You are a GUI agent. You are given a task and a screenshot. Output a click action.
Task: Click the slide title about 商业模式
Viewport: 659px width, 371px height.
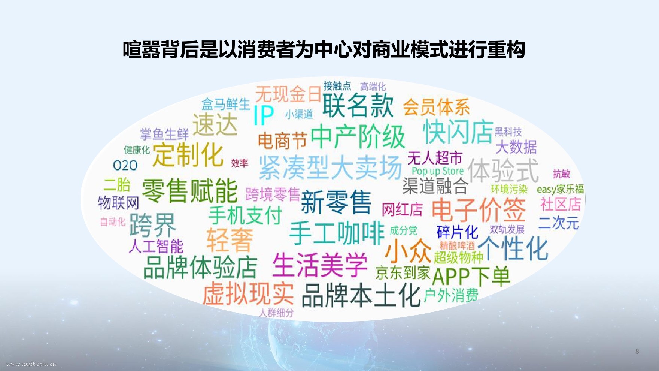(x=324, y=50)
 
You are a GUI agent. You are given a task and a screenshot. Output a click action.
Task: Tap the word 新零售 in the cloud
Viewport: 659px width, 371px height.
(x=336, y=202)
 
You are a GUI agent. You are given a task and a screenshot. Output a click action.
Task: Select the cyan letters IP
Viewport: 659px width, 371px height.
(x=264, y=115)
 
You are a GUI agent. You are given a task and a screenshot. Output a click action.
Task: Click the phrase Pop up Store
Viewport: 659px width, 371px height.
(x=438, y=171)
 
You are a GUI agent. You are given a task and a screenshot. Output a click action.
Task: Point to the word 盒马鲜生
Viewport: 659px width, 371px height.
(x=226, y=104)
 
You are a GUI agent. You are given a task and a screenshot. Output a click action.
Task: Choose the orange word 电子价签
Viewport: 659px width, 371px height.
(x=479, y=210)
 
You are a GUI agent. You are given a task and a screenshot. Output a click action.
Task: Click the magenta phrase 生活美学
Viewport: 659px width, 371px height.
(x=320, y=265)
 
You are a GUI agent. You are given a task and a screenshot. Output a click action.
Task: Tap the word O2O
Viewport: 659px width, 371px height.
(x=125, y=165)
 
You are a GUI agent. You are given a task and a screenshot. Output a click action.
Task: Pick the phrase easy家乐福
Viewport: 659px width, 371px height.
(x=560, y=189)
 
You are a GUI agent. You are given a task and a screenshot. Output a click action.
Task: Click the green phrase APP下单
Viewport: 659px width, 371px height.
(x=471, y=277)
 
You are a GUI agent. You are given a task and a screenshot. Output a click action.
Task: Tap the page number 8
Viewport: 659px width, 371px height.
(x=637, y=351)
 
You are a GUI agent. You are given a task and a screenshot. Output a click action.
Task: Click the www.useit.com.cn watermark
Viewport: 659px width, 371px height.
(x=32, y=364)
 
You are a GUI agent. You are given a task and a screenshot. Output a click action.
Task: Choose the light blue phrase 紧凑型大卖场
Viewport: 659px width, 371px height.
(x=330, y=168)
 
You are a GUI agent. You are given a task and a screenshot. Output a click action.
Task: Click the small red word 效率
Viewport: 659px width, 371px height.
(x=240, y=163)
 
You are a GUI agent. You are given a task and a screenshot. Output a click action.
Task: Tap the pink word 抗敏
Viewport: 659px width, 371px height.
(x=561, y=174)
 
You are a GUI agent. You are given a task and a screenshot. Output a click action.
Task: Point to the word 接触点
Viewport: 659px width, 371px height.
(x=337, y=86)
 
